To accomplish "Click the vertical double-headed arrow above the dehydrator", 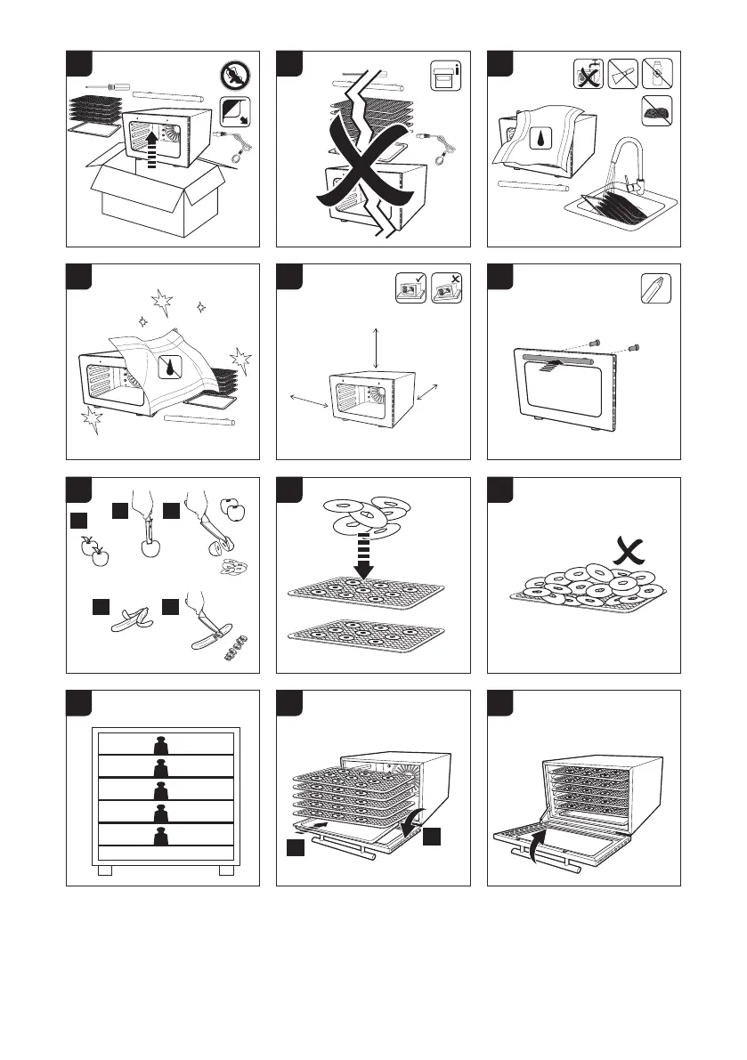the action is (x=377, y=346).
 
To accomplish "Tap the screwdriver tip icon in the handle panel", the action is (x=654, y=287).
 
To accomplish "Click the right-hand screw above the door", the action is (x=637, y=347).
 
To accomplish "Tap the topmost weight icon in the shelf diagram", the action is (x=164, y=744).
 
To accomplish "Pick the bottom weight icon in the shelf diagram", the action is (x=164, y=837).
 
